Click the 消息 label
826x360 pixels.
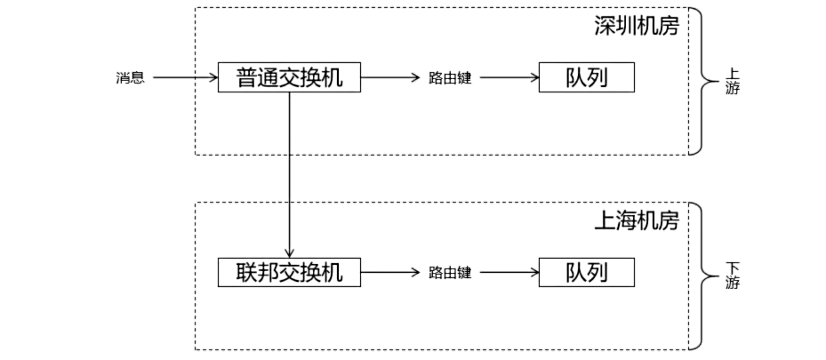click(x=130, y=78)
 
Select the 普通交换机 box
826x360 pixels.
click(x=289, y=78)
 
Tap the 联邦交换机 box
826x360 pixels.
click(x=289, y=273)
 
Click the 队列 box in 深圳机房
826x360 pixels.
click(x=587, y=78)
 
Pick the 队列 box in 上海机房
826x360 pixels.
click(x=587, y=273)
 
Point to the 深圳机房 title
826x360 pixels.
click(x=636, y=26)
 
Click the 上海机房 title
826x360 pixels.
click(x=636, y=220)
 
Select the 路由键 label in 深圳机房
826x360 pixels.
click(x=449, y=78)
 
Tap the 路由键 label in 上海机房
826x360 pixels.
click(x=449, y=273)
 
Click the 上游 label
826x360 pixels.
click(x=732, y=82)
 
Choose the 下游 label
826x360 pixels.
click(x=732, y=276)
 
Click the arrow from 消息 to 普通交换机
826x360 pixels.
click(x=185, y=78)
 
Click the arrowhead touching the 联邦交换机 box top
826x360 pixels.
click(x=289, y=253)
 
